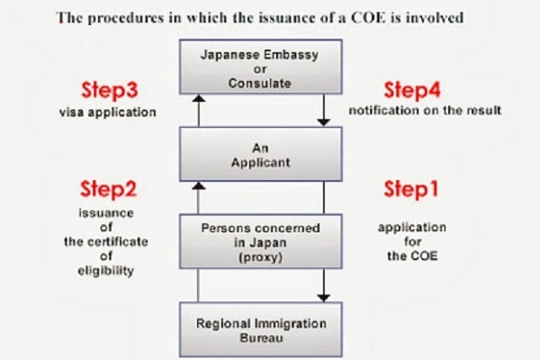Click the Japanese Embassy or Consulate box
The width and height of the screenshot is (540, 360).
[261, 67]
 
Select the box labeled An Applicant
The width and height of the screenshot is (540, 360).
[261, 154]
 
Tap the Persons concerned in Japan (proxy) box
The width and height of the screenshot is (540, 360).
[261, 242]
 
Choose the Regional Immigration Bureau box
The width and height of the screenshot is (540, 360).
[261, 329]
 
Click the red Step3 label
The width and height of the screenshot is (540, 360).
[110, 90]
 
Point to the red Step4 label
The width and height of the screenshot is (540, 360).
[412, 90]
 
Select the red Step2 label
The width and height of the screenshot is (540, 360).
[109, 189]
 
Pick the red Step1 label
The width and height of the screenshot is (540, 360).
[411, 189]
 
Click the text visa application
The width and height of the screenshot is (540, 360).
[107, 112]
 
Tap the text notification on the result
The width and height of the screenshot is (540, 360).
[425, 110]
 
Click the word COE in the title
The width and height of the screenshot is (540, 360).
[368, 18]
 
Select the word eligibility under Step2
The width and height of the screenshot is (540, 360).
[105, 271]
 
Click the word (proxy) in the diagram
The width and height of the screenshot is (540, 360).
[260, 257]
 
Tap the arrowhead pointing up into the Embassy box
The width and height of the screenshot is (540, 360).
[198, 98]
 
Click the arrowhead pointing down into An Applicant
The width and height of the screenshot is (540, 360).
[324, 122]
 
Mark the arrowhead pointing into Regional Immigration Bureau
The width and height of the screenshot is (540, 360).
[324, 298]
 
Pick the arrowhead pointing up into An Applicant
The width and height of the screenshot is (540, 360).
[198, 186]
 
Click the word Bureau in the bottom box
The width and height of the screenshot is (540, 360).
[261, 337]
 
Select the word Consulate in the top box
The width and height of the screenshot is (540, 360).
[260, 84]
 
